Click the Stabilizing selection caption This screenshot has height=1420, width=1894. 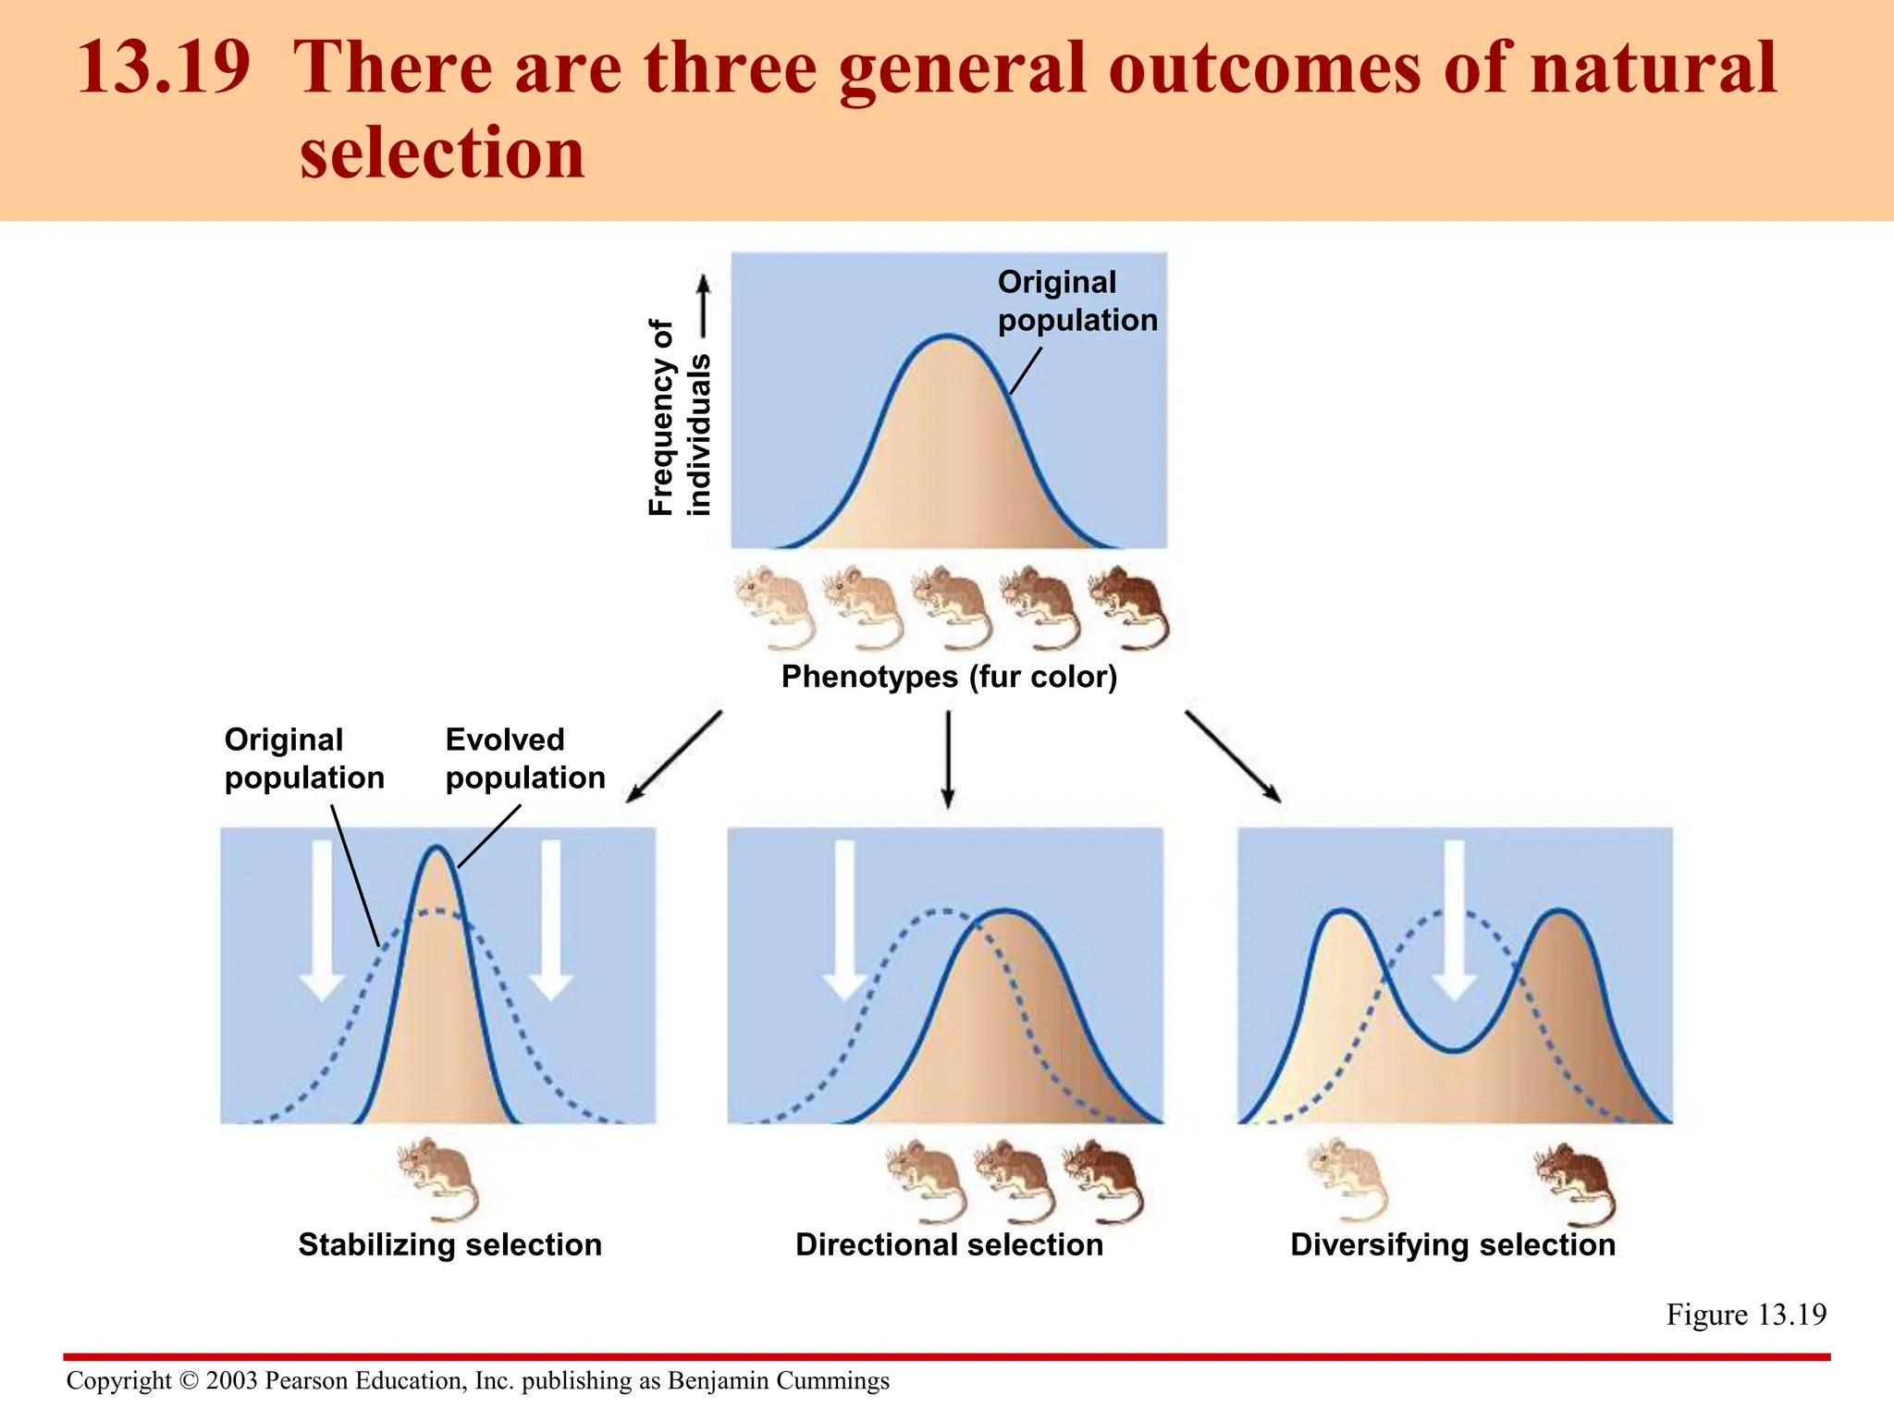click(449, 1244)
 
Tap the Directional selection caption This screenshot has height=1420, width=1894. click(949, 1244)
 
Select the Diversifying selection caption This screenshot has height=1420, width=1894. click(1452, 1244)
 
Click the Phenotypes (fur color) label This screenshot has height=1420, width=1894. click(949, 677)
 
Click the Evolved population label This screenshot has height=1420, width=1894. click(524, 758)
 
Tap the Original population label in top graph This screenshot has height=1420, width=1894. click(1076, 300)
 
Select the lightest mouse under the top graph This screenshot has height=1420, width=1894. click(776, 606)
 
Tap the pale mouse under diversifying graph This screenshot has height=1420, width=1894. click(1348, 1179)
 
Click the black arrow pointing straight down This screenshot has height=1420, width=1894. click(948, 758)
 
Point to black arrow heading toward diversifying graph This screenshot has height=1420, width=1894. click(1233, 755)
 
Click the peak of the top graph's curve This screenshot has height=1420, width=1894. click(948, 337)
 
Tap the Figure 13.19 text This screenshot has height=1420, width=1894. click(1745, 1314)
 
